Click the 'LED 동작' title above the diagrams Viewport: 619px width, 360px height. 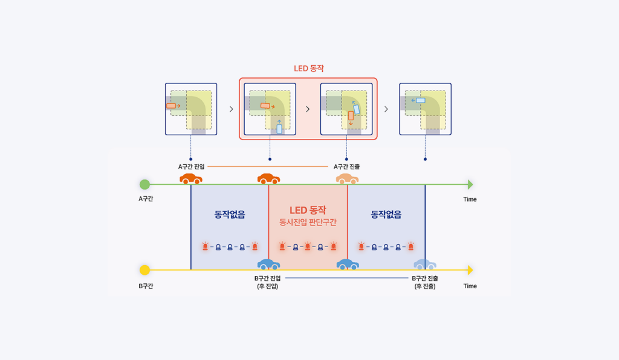308,69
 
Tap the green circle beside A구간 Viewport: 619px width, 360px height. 144,184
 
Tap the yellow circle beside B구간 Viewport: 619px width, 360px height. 144,270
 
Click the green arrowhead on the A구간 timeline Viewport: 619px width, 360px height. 470,184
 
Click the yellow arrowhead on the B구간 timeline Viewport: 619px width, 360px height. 470,270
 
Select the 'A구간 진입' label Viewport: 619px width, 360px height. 191,166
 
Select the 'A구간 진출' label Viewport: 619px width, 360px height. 347,166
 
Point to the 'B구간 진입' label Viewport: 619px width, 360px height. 268,278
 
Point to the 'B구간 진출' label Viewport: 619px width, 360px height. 425,278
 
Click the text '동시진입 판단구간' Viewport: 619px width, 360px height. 308,222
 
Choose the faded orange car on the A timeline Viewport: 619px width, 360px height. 348,179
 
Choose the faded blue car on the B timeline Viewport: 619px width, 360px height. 425,265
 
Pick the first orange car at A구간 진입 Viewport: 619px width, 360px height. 191,179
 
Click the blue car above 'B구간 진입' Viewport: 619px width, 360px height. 268,265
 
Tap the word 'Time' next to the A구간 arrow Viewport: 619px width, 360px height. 470,199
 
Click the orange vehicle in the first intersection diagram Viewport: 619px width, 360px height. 171,106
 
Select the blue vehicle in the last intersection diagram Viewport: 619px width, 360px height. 420,100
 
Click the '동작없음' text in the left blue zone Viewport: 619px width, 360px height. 230,214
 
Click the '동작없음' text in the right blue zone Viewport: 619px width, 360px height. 386,214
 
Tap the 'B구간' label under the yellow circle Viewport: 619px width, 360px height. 145,286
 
